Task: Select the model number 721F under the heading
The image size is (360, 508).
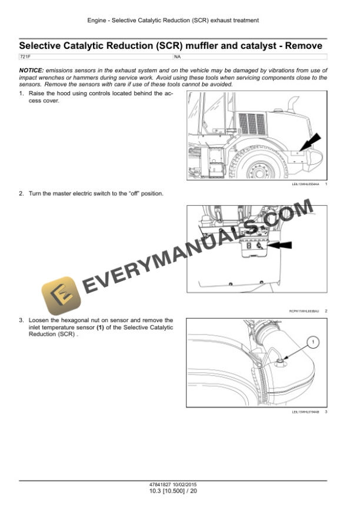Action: (x=25, y=56)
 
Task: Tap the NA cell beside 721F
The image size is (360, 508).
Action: (x=178, y=56)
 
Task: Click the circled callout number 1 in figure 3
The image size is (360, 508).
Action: (x=314, y=342)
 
